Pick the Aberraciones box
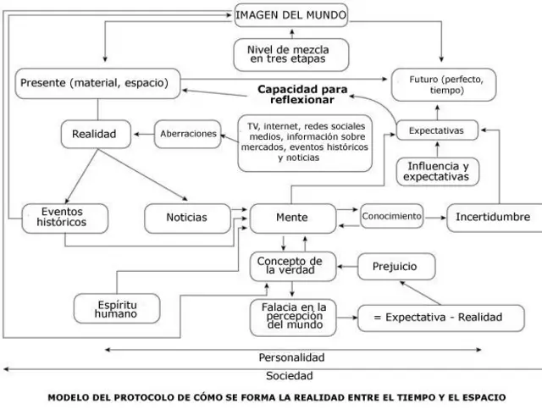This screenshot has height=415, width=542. [x=190, y=134]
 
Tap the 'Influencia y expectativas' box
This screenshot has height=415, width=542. [x=437, y=171]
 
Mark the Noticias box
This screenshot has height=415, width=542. [x=187, y=218]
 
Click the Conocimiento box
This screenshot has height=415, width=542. [x=391, y=217]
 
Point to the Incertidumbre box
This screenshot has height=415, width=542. [x=493, y=218]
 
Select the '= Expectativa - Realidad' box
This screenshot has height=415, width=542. [x=430, y=318]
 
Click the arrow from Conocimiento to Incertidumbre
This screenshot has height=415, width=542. [x=434, y=218]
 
